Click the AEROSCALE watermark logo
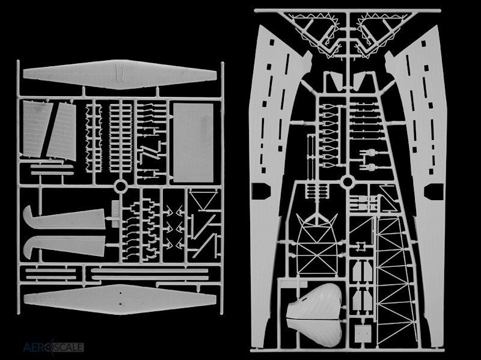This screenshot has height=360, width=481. pyautogui.click(x=53, y=347)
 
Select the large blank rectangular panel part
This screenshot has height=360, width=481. pyautogui.click(x=193, y=142)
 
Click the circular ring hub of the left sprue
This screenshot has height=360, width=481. pyautogui.click(x=121, y=186)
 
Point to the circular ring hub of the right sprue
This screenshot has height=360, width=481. pyautogui.click(x=348, y=182)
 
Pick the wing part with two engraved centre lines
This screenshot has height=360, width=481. pyautogui.click(x=120, y=75)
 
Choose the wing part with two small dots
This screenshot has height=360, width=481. pyautogui.click(x=120, y=299)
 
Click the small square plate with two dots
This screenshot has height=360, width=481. pyautogui.click(x=363, y=334)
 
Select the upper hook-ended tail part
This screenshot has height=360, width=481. pyautogui.click(x=64, y=218)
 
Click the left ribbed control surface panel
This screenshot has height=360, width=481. pyautogui.click(x=37, y=129)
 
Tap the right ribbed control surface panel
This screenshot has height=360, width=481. pyautogui.click(x=63, y=132)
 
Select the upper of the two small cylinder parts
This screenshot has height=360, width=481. pyautogui.click(x=371, y=152)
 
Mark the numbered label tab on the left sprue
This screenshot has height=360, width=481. pyautogui.click(x=115, y=214)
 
